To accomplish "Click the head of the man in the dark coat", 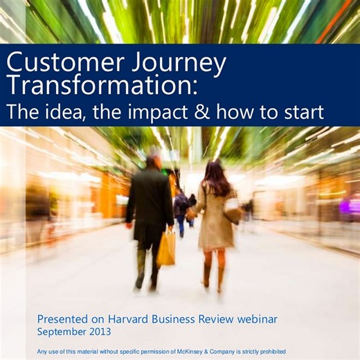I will click(153, 162).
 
